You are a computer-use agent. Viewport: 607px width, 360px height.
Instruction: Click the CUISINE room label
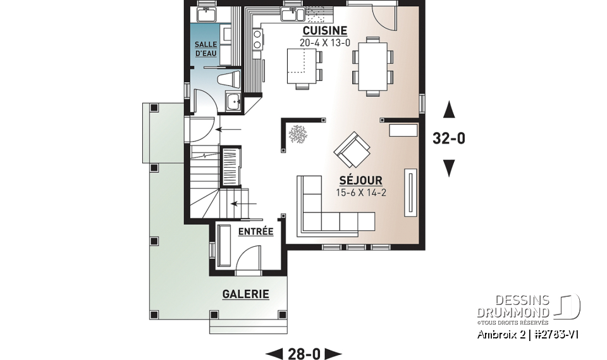(x=324, y=30)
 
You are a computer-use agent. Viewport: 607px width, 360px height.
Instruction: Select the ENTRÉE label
(x=255, y=232)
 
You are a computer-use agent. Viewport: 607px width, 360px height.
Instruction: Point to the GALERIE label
(x=245, y=294)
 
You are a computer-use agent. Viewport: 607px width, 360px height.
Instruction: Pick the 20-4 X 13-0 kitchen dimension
(x=324, y=43)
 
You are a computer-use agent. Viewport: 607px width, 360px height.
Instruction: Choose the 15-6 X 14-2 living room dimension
(x=360, y=193)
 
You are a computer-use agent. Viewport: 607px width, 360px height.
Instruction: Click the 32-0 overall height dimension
(x=449, y=139)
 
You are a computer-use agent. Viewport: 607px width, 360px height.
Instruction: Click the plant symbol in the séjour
(x=297, y=133)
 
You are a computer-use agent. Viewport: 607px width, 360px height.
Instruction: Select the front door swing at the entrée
(x=248, y=257)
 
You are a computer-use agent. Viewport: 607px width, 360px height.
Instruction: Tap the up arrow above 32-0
(x=449, y=111)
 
